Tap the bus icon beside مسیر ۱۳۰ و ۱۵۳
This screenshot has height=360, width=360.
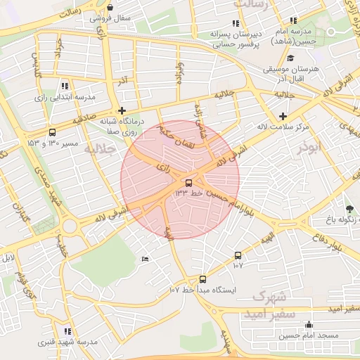pos(53,132)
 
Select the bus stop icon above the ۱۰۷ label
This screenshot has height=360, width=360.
pos(238,256)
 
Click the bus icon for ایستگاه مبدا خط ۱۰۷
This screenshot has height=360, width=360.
pos(202,279)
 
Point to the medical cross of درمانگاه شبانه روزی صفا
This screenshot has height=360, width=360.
pos(122,110)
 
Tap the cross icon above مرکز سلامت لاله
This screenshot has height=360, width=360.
pos(283,116)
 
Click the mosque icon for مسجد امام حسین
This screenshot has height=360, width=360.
pos(309,324)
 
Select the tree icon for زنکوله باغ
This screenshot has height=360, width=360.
pos(350,208)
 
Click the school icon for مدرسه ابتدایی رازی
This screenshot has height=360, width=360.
pos(65,85)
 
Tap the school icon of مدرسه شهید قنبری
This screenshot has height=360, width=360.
pos(67,330)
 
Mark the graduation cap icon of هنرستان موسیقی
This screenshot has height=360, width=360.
pos(290,58)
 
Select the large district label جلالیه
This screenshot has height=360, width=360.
pos(98,149)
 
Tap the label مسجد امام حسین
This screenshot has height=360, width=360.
pos(311,336)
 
